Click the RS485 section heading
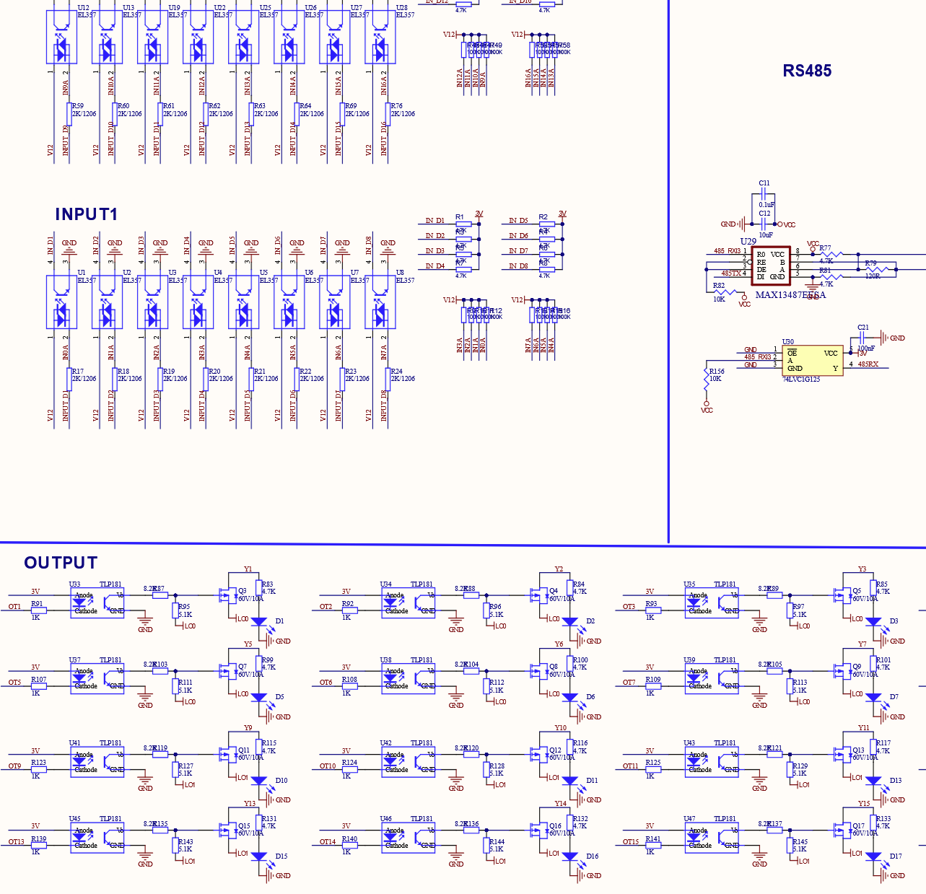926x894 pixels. pos(807,71)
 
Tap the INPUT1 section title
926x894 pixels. pos(86,214)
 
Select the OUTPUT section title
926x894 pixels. pos(61,563)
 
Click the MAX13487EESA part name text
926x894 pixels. pos(790,294)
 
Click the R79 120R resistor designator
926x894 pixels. pos(870,263)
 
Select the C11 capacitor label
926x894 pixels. pos(764,183)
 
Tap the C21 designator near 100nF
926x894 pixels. pos(863,328)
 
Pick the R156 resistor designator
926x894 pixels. pos(716,372)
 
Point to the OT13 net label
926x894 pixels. pos(16,841)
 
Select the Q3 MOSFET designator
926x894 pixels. pos(243,591)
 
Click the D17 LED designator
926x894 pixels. pos(896,856)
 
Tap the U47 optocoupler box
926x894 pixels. pos(711,838)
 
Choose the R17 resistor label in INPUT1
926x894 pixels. pos(77,372)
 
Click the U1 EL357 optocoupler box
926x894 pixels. pos(61,302)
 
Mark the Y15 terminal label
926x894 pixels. pos(863,804)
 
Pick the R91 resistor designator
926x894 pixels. pos(37,604)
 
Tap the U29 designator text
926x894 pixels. pos(748,242)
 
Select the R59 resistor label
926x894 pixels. pos(77,106)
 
